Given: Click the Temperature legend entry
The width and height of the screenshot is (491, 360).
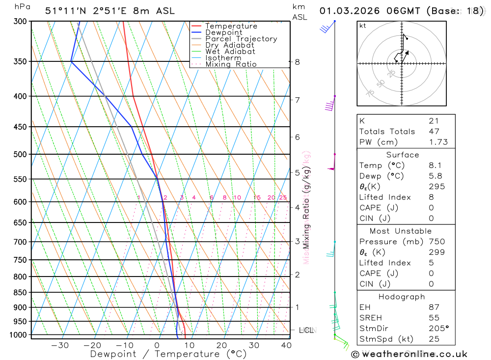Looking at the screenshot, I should click(231, 26).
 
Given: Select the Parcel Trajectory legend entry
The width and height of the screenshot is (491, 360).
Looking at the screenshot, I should click(241, 39).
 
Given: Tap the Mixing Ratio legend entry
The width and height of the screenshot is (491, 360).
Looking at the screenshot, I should click(231, 64).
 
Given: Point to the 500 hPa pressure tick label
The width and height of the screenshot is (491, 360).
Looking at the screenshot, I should click(20, 154).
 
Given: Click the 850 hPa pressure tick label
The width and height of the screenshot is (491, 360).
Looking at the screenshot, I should click(20, 293).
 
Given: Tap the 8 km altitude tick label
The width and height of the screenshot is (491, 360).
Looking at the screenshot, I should click(298, 62).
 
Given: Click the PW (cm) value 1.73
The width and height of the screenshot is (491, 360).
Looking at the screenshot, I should click(438, 142).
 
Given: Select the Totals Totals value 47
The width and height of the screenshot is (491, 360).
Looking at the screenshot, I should click(434, 131).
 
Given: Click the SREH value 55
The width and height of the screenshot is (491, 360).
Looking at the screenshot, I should click(434, 318).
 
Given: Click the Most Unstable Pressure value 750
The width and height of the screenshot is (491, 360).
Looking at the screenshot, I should click(436, 242).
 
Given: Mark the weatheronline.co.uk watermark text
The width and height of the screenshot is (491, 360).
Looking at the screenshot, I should click(409, 354).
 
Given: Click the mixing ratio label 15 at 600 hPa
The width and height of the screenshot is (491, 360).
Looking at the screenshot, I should click(257, 197).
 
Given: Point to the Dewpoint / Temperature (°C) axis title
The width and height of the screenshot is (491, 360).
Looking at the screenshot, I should click(168, 354).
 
